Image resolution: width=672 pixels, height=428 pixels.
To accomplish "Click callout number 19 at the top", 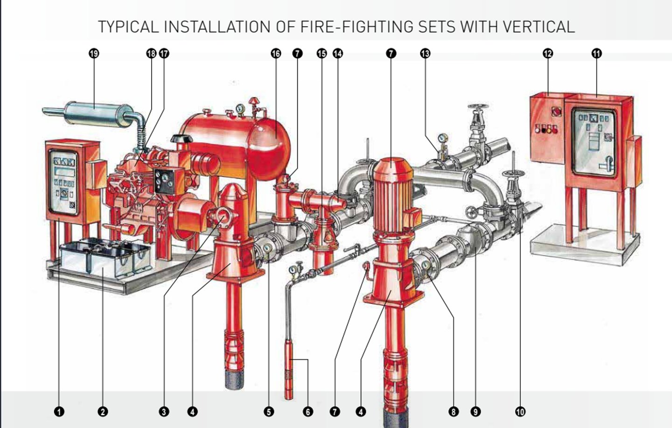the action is tap(94, 54).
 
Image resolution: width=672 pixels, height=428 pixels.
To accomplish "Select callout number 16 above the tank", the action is tap(276, 54).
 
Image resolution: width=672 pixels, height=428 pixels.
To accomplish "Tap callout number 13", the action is tap(425, 54).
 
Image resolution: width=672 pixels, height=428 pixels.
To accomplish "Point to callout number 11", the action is tap(597, 54).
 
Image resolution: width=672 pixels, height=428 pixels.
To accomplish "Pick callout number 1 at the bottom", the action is tap(59, 412).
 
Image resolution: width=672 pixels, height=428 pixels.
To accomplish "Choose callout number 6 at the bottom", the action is tap(308, 412).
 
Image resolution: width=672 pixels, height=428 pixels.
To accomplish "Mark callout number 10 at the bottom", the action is tap(520, 412).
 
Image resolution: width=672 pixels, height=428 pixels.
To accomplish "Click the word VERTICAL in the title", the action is tap(539, 27).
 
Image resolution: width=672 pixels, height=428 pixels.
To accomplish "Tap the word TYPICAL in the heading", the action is tap(128, 27).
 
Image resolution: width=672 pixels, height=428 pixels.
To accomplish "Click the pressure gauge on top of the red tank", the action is tap(240, 108).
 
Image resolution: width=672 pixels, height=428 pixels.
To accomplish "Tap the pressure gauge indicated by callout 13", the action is tap(443, 138).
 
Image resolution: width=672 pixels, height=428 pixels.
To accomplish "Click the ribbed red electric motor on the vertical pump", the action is tap(393, 195).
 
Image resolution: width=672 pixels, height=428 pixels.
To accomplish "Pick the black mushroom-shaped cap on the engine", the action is tap(182, 139).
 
